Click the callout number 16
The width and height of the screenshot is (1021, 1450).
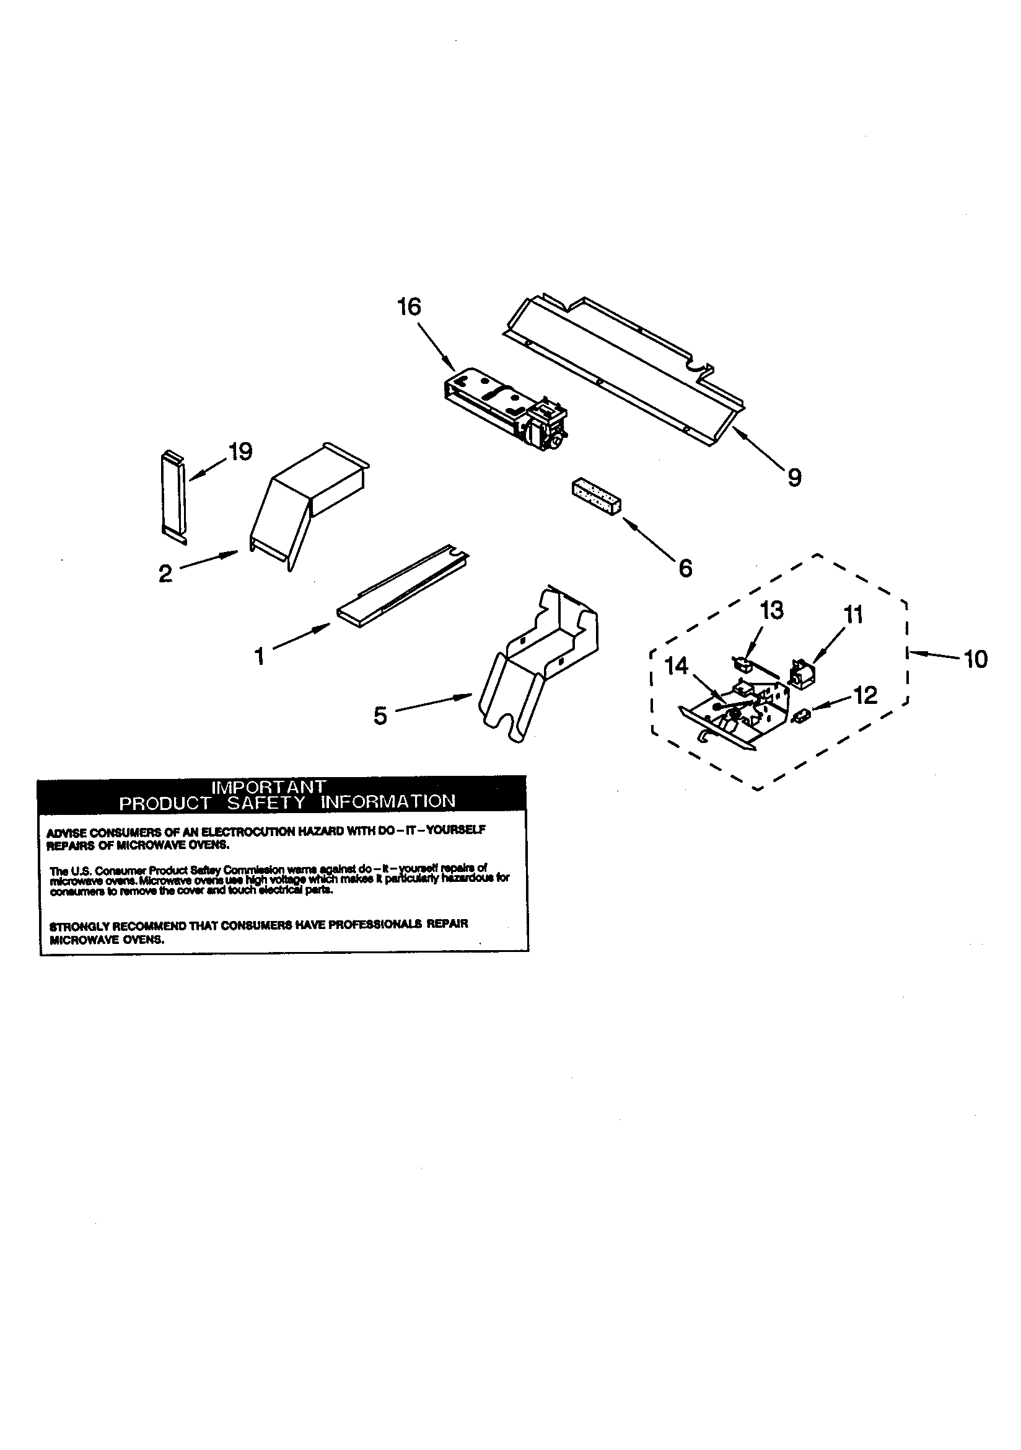408,307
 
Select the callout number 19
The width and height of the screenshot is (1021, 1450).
240,451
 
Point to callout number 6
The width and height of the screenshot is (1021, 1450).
685,568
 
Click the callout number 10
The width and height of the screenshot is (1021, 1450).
976,659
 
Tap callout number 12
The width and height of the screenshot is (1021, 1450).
865,695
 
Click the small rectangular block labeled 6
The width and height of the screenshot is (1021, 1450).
597,498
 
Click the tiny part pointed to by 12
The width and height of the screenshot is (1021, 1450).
803,715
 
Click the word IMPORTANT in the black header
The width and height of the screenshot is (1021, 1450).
268,787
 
